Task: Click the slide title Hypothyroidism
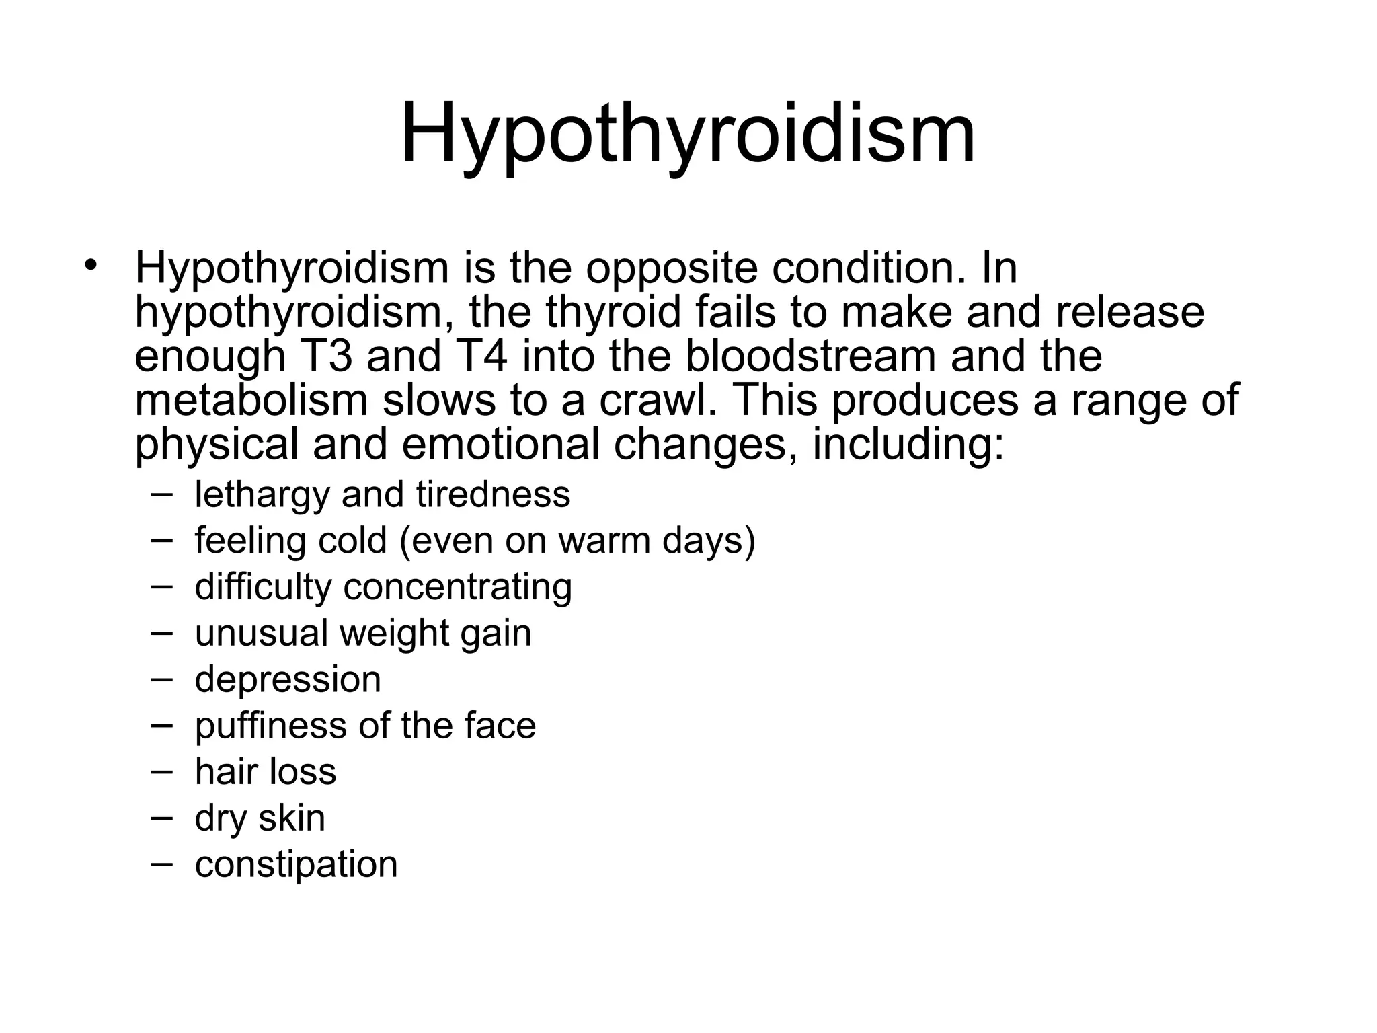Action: (x=687, y=135)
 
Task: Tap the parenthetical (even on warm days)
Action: (x=578, y=541)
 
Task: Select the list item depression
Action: (x=288, y=680)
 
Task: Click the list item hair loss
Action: (x=265, y=771)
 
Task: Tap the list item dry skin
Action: (x=260, y=818)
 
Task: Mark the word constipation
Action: (x=296, y=865)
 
